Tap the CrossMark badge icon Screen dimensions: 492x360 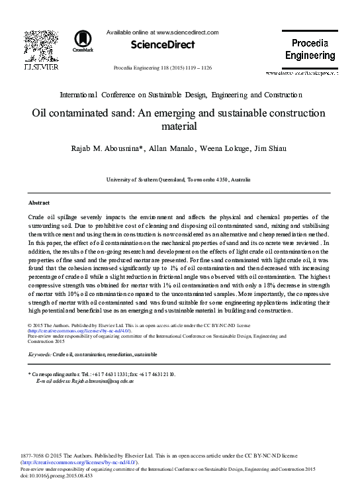pos(82,41)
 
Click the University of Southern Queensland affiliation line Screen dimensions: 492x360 pos(179,179)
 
